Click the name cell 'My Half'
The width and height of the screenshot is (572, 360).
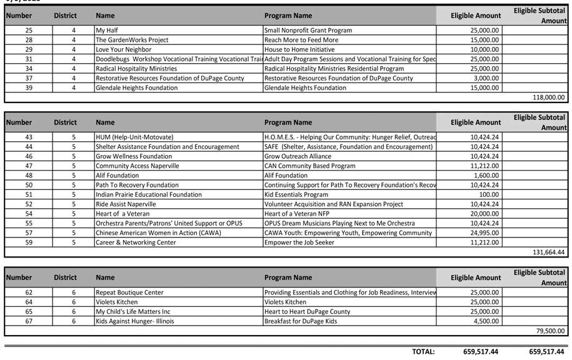click(107, 30)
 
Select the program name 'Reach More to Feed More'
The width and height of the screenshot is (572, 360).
click(301, 40)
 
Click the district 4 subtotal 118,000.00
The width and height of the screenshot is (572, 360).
click(548, 97)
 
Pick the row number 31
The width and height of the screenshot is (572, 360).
click(29, 59)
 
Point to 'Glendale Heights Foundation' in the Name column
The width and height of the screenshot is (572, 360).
click(136, 88)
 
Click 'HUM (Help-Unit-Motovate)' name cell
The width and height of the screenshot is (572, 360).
click(134, 137)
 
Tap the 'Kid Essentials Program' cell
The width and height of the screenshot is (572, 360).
click(296, 194)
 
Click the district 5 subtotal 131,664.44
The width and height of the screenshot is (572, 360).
click(548, 252)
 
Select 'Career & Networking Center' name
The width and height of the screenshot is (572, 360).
click(136, 242)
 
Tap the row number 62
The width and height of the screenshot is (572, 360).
click(29, 292)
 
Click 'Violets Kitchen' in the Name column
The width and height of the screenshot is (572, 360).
click(117, 302)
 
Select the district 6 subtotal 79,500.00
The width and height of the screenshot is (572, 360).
click(550, 331)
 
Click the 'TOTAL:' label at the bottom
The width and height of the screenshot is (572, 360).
click(423, 352)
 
